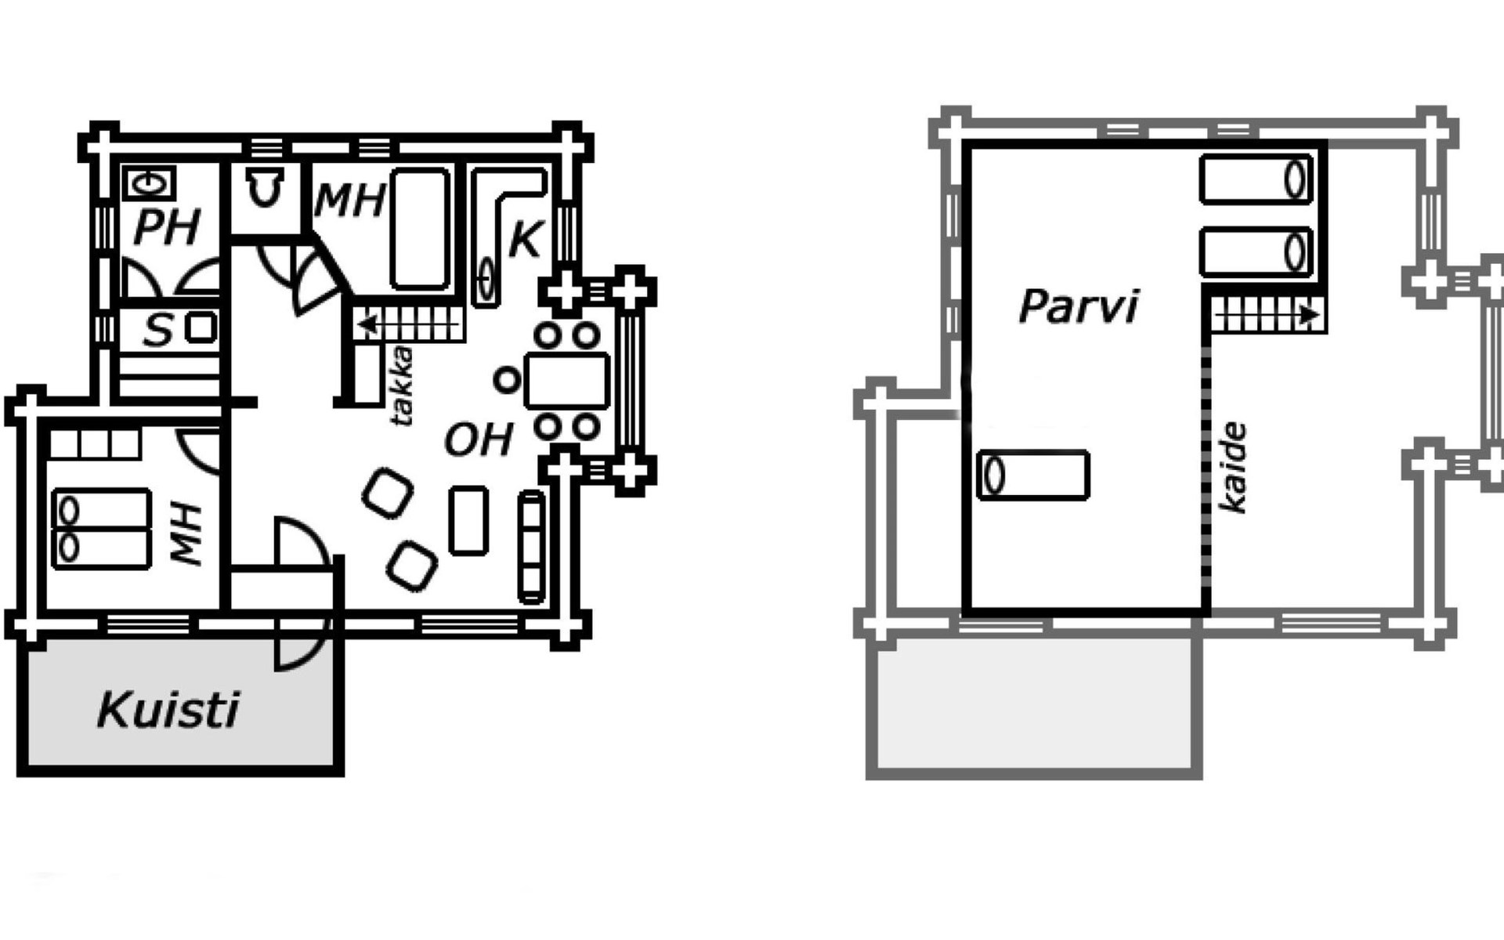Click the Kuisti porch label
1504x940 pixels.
pyautogui.click(x=168, y=710)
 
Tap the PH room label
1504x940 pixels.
pyautogui.click(x=167, y=227)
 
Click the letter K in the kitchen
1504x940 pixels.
pyautogui.click(x=524, y=240)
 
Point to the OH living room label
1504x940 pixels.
pyautogui.click(x=479, y=439)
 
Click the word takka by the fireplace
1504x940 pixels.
pyautogui.click(x=402, y=385)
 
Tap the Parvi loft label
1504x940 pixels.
pyautogui.click(x=1078, y=305)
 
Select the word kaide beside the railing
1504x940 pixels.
pyautogui.click(x=1234, y=468)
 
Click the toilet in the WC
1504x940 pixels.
pyautogui.click(x=264, y=189)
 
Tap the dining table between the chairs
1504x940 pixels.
pyautogui.click(x=567, y=381)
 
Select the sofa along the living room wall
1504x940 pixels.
pyautogui.click(x=532, y=546)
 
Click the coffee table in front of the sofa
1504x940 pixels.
pyautogui.click(x=468, y=520)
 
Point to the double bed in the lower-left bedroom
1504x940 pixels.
pyautogui.click(x=101, y=529)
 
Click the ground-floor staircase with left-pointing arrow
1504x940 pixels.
pyautogui.click(x=407, y=323)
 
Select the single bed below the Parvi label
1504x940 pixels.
pyautogui.click(x=1034, y=475)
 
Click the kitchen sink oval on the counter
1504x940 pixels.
pyautogui.click(x=486, y=280)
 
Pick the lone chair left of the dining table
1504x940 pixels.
pyautogui.click(x=507, y=381)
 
